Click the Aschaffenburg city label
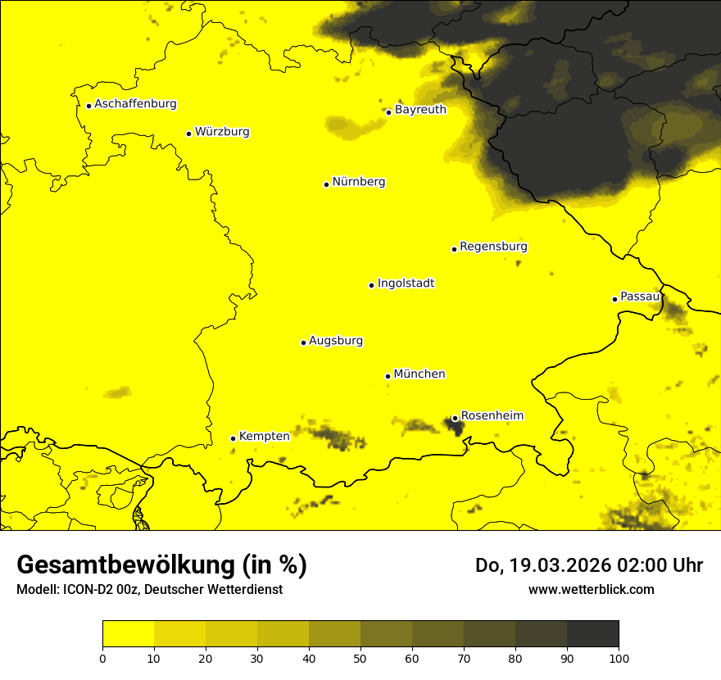pos(135,104)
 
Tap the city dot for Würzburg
pos(188,134)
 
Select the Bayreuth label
pos(420,109)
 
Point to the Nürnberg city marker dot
pos(326,184)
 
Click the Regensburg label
pos(493,247)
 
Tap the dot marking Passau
pos(614,299)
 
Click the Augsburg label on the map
pos(336,341)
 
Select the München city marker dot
pos(388,376)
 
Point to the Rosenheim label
pos(492,416)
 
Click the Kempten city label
pos(264,437)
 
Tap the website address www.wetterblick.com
pos(591,589)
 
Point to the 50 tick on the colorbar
pos(360,657)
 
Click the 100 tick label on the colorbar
pos(619,657)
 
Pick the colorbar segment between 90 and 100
pos(592,634)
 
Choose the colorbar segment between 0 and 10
pos(128,634)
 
